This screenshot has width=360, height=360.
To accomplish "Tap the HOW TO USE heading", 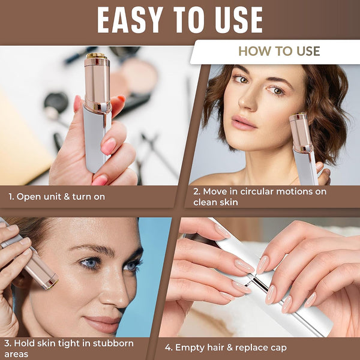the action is (x=279, y=51).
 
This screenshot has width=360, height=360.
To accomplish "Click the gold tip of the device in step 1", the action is (x=97, y=56).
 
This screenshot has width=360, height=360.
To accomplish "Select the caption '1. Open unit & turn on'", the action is (x=56, y=197).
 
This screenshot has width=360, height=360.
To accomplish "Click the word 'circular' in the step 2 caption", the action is (x=256, y=191).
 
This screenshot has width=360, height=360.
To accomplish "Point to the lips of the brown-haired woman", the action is (x=244, y=122).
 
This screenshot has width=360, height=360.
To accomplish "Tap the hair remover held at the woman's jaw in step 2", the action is (x=304, y=148).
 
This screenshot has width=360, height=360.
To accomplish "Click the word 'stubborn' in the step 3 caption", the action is (x=113, y=343).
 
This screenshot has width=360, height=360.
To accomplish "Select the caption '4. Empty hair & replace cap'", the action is (x=226, y=347).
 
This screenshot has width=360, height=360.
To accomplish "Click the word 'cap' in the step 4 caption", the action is (x=279, y=349).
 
